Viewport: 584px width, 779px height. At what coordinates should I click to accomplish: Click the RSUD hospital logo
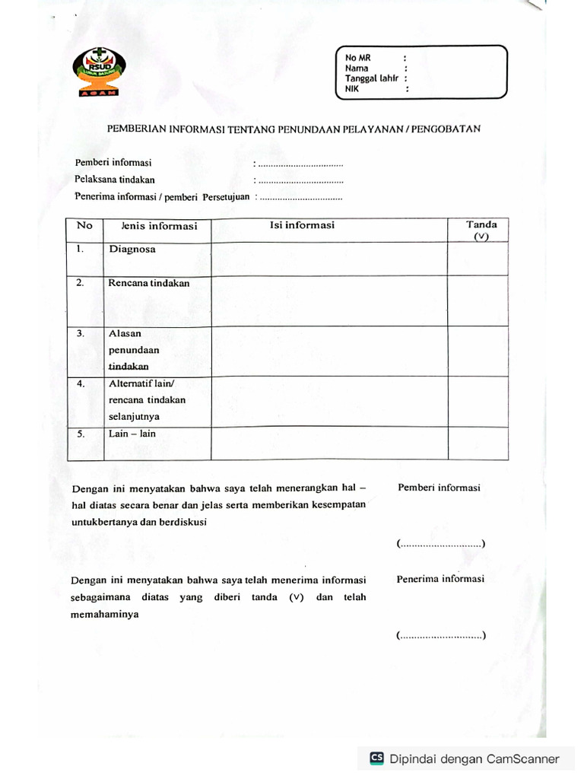tap(100, 73)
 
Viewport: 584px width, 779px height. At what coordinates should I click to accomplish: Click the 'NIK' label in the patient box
tap(351, 88)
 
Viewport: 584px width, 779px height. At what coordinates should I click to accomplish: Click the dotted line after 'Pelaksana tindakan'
tap(301, 181)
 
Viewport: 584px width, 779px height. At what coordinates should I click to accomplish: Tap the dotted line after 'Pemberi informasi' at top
tap(301, 164)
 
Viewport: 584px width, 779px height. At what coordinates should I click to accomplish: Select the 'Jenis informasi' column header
tap(159, 226)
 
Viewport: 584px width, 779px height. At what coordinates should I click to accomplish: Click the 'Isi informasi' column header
tap(302, 225)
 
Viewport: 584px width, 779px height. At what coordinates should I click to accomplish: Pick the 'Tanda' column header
tap(481, 224)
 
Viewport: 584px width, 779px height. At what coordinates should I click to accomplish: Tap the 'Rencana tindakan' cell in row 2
tap(148, 283)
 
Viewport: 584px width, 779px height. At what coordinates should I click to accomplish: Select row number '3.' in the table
tap(81, 333)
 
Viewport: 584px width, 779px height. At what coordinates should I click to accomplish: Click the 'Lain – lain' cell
tap(132, 434)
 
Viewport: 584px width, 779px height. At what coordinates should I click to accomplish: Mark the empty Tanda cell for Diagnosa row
tap(478, 259)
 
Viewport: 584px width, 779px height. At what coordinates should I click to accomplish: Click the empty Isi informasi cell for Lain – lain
tap(328, 444)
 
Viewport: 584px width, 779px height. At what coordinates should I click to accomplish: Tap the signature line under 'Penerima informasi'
tap(441, 636)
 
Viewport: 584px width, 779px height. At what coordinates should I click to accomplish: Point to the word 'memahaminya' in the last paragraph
tap(104, 615)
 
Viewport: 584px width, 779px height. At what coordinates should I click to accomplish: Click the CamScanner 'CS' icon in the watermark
tap(376, 758)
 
